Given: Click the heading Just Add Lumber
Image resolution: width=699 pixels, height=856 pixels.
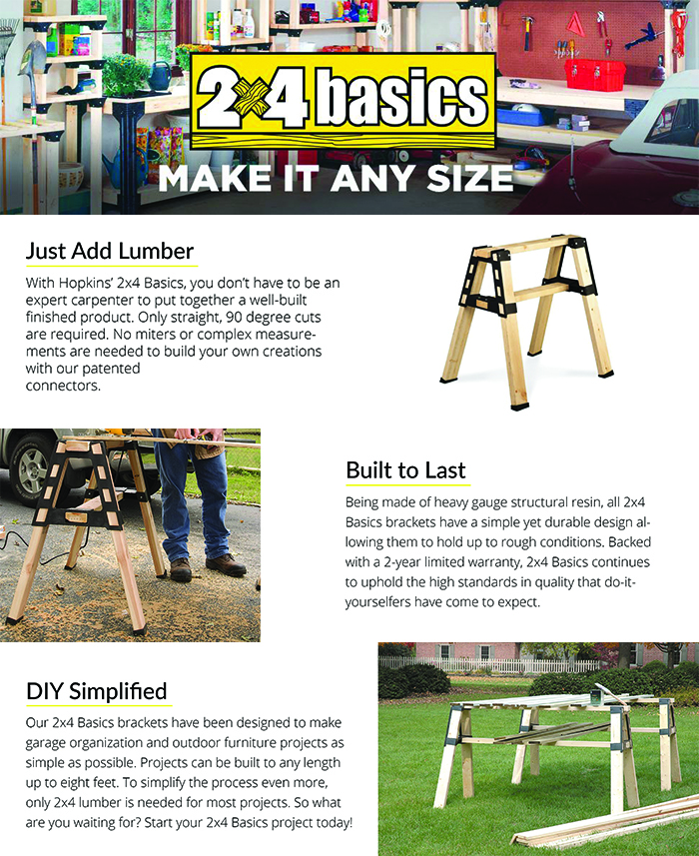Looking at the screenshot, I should tap(110, 251).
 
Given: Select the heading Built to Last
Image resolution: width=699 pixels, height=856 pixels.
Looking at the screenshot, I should tap(405, 469).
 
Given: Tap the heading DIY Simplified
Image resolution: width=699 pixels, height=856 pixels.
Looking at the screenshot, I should tap(96, 690).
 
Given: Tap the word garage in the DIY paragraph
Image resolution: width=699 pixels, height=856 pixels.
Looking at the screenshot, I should tap(51, 743).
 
